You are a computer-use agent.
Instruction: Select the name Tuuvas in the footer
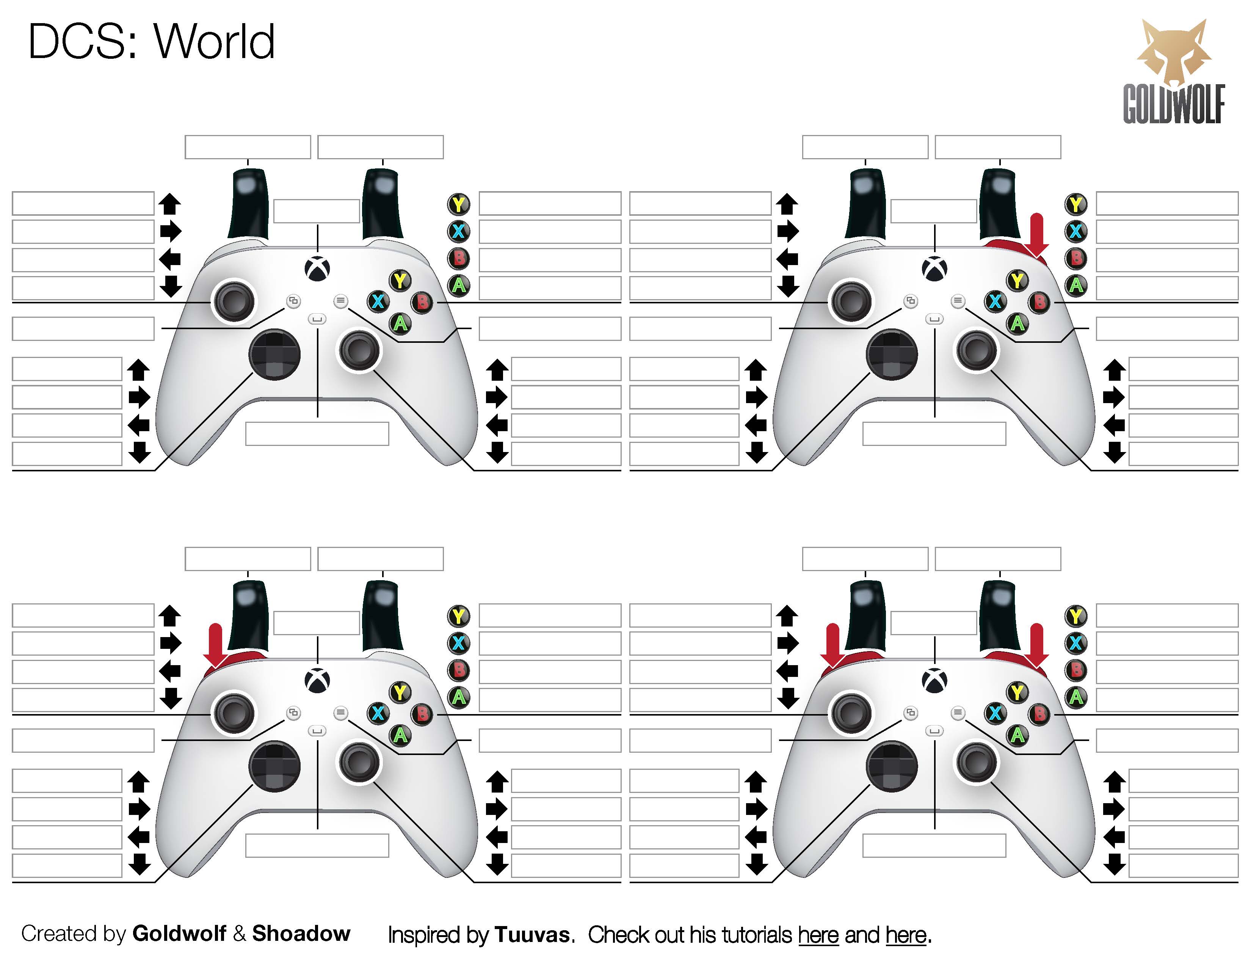pyautogui.click(x=532, y=934)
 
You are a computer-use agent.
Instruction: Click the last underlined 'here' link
pyautogui.click(x=906, y=934)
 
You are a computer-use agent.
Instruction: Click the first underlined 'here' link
pyautogui.click(x=818, y=934)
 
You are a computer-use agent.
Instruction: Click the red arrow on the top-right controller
pyautogui.click(x=1036, y=235)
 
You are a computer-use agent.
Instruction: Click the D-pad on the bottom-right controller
pyautogui.click(x=892, y=766)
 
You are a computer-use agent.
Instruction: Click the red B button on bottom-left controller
pyautogui.click(x=422, y=714)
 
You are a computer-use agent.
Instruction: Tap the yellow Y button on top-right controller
pyautogui.click(x=1017, y=281)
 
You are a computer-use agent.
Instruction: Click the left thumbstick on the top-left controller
pyautogui.click(x=234, y=301)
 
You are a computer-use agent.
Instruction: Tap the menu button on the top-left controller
pyautogui.click(x=341, y=300)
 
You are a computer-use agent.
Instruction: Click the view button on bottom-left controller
pyautogui.click(x=293, y=713)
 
